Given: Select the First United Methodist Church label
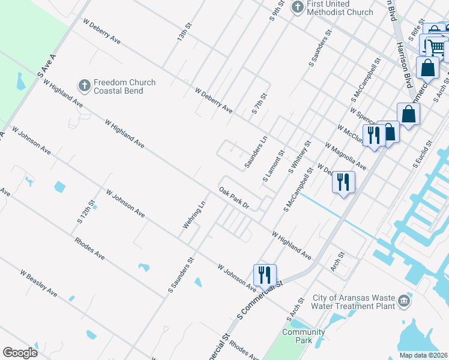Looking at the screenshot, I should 340,8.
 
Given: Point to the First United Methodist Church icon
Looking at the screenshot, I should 297,7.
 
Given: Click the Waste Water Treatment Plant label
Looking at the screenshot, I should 354,302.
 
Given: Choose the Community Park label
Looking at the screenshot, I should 304,336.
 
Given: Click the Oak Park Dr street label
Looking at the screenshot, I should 234,198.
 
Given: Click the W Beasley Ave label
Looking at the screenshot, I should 38,283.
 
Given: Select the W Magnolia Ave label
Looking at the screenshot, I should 345,156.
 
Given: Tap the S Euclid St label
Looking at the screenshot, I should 424,154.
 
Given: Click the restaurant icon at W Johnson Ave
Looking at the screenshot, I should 265,274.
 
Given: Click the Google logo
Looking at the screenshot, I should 20,353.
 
